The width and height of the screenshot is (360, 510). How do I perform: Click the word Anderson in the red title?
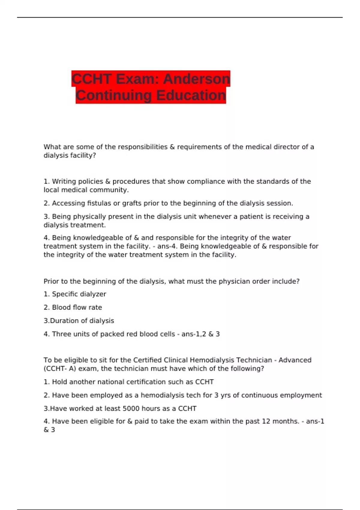(x=196, y=79)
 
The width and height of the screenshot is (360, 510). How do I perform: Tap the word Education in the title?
(x=191, y=95)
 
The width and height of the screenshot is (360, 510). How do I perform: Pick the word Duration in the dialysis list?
(x=63, y=321)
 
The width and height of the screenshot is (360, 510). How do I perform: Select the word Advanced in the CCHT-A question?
(x=295, y=360)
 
